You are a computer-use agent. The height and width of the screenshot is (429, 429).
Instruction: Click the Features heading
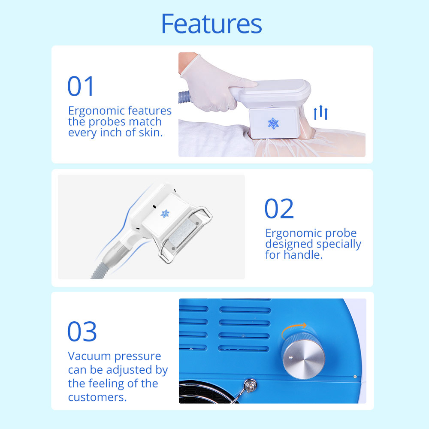coord(211,24)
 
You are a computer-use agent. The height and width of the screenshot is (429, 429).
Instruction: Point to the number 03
coord(82,331)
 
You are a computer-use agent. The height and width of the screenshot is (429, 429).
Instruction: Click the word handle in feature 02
coord(303,255)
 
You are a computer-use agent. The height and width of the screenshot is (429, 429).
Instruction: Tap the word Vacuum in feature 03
coord(90,356)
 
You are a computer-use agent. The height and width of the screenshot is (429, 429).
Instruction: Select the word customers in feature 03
coord(97,397)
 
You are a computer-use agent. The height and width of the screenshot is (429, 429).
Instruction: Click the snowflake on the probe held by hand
coord(273,124)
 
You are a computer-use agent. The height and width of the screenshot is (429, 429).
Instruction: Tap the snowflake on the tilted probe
coord(165,213)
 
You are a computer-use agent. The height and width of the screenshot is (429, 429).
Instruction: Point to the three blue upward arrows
coord(320,112)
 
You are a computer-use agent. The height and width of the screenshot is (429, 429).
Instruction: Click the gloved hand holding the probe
coord(216,84)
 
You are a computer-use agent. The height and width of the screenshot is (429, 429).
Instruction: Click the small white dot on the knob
coord(291,357)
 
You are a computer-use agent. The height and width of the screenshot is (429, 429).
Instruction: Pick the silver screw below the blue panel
coord(250,385)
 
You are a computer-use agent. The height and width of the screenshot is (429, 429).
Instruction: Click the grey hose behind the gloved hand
coord(184,97)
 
